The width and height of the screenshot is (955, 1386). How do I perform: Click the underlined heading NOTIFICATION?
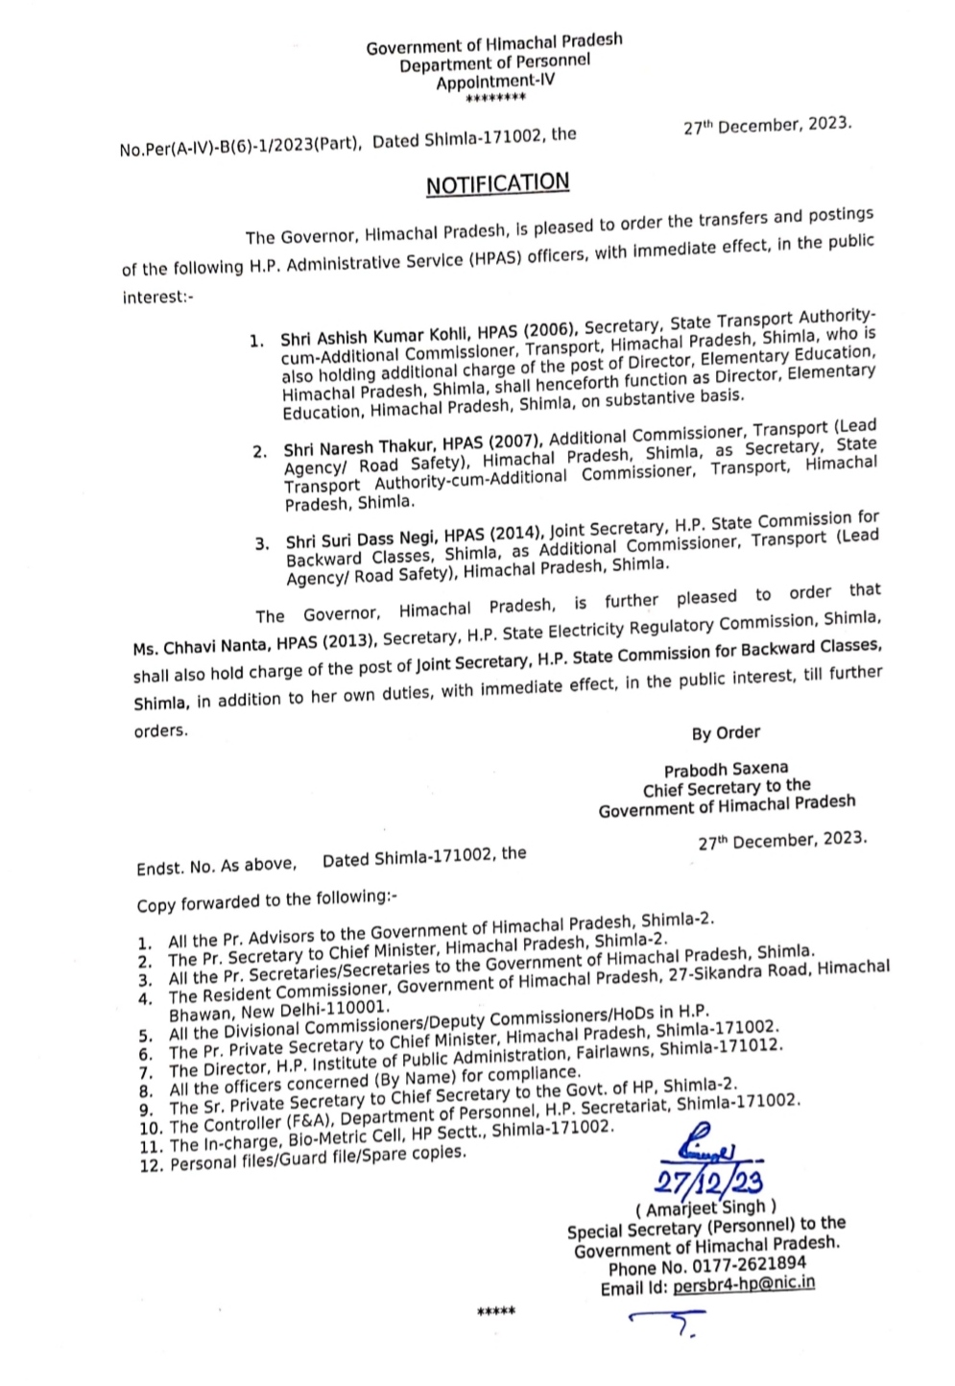point(497,183)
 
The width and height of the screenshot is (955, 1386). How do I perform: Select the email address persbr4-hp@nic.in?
point(745,1284)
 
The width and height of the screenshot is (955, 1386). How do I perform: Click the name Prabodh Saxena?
point(726,769)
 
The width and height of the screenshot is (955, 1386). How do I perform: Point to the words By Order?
point(726,733)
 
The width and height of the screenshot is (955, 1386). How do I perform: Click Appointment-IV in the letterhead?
point(495,83)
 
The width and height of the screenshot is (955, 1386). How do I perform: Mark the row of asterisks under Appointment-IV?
point(495,99)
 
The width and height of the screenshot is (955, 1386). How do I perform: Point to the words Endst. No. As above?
point(216,866)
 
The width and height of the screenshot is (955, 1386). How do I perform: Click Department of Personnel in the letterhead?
point(495,63)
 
